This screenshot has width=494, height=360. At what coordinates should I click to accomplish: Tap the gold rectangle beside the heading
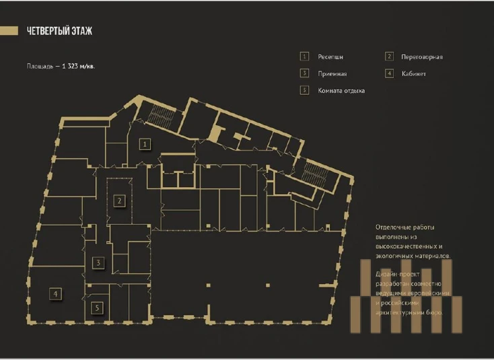point(9,30)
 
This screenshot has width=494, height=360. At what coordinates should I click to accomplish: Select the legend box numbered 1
point(304,57)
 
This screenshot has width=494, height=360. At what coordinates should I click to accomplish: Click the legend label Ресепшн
point(330,57)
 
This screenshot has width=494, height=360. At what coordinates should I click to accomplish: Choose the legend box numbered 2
point(389,57)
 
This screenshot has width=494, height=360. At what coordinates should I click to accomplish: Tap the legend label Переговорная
point(421,57)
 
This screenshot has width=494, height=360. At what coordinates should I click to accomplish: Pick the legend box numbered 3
point(304,73)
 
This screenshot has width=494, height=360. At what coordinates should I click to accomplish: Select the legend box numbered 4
point(389,73)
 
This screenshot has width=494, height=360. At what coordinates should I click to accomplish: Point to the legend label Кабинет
point(413,73)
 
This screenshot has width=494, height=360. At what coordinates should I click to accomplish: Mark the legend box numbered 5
point(304,90)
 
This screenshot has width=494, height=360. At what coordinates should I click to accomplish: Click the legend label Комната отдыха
point(341,90)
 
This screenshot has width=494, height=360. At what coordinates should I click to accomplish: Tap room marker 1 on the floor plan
point(144,143)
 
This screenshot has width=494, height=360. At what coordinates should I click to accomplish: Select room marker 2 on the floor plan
point(118,200)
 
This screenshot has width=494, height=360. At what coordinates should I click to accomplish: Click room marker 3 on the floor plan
point(98,262)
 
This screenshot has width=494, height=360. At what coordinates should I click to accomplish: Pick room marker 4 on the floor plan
point(57,293)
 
